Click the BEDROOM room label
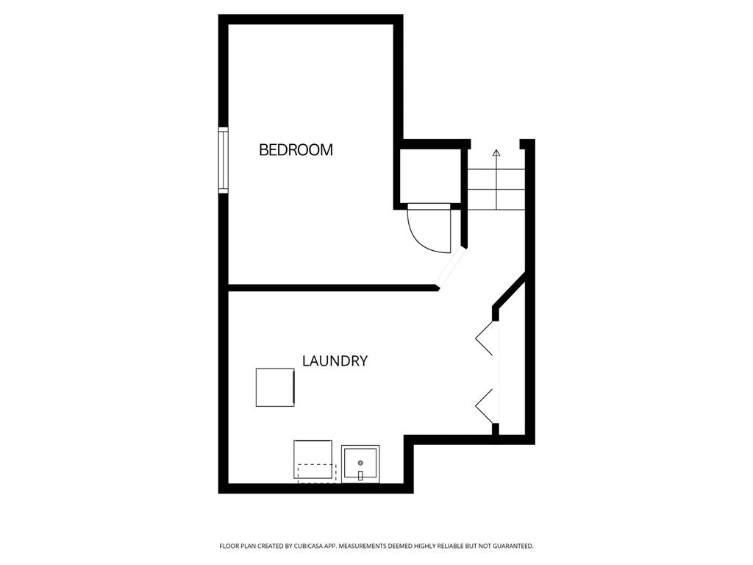[x=296, y=150]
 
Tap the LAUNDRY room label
[x=335, y=360]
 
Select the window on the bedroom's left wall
[x=224, y=160]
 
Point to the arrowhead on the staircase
[x=496, y=153]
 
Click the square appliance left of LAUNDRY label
[x=275, y=387]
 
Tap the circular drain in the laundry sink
[x=360, y=463]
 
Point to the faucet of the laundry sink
[x=360, y=476]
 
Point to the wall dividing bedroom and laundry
[x=332, y=288]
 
